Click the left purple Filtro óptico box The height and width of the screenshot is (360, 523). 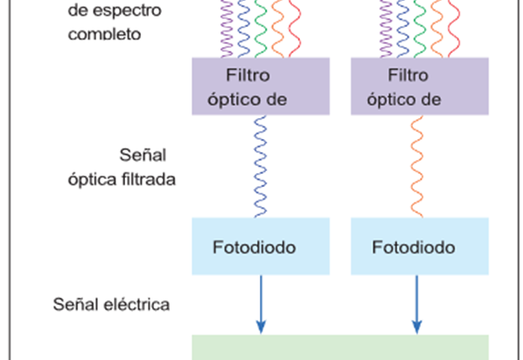[x=261, y=87]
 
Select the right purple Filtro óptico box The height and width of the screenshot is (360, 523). [x=420, y=87]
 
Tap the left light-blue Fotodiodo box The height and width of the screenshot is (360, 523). [x=261, y=246]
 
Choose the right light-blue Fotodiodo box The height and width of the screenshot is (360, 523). [x=420, y=246]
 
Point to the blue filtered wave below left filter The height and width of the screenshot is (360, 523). [x=261, y=167]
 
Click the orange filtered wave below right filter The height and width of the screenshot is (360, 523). [x=417, y=167]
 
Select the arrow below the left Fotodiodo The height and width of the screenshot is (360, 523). [x=261, y=304]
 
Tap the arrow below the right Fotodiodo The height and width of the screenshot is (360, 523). [x=416, y=304]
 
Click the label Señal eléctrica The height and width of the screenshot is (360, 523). [x=111, y=304]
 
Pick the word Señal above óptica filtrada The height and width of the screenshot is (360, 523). [x=143, y=155]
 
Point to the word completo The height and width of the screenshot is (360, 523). [x=104, y=34]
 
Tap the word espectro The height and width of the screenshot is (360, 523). [x=127, y=10]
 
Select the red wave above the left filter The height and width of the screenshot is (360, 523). [x=295, y=29]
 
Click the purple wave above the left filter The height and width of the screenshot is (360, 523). [x=227, y=29]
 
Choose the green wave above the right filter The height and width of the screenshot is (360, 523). [x=420, y=29]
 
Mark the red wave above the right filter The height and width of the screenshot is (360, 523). [x=454, y=29]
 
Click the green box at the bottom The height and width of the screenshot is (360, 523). [x=340, y=348]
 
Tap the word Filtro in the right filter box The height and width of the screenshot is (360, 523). [x=408, y=75]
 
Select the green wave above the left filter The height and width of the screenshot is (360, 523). [x=261, y=29]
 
